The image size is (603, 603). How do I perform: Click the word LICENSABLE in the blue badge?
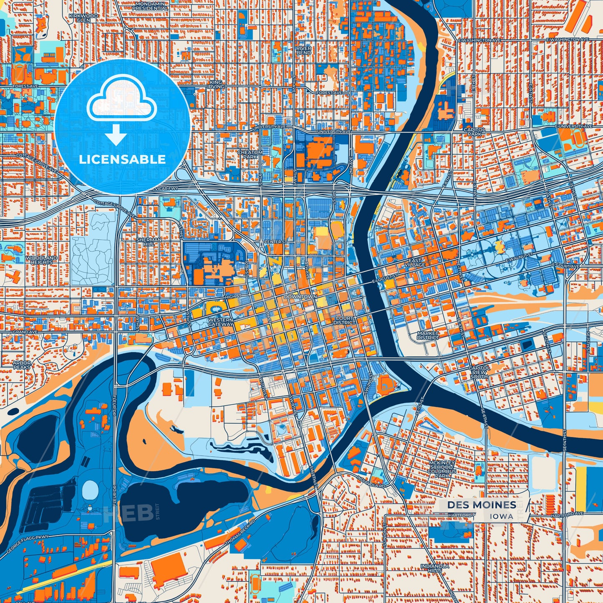(x=122, y=159)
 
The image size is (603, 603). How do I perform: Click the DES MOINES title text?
(x=482, y=505)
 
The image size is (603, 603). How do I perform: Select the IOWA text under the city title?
(x=502, y=516)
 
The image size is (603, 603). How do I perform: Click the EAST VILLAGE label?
(x=414, y=262)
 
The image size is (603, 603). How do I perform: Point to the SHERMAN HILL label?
(x=149, y=242)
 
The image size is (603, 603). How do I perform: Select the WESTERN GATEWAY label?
(x=221, y=322)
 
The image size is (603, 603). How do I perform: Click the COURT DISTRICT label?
(x=344, y=320)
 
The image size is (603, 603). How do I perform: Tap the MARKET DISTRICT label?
(x=428, y=335)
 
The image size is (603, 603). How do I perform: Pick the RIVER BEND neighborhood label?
(x=304, y=50)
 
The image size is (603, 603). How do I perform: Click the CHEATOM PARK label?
(x=250, y=155)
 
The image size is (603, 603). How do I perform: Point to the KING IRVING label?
(x=216, y=84)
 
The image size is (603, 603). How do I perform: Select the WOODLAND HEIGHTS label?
(x=41, y=260)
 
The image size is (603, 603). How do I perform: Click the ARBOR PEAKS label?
(x=22, y=365)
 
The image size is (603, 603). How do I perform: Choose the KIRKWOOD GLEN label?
(x=83, y=18)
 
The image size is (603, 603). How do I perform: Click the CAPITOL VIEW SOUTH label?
(x=479, y=372)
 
